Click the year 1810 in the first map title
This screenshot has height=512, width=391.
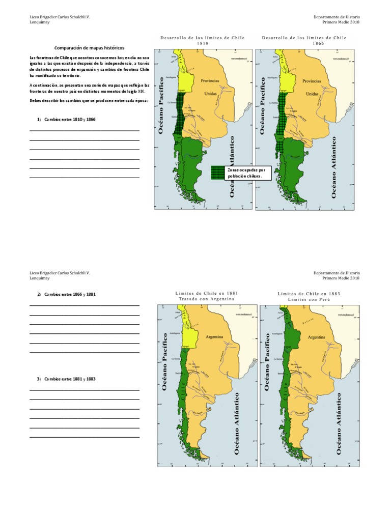pyautogui.click(x=203, y=44)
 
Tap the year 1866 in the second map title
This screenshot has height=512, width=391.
pyautogui.click(x=304, y=44)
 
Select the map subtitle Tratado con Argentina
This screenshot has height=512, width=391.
pyautogui.click(x=207, y=299)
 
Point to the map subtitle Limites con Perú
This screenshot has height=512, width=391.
pyautogui.click(x=309, y=299)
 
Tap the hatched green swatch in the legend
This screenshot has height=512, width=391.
pyautogui.click(x=218, y=173)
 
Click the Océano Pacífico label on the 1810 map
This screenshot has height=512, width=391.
pyautogui.click(x=164, y=105)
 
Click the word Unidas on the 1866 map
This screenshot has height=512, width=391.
pyautogui.click(x=313, y=94)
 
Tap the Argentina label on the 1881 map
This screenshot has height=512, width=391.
pyautogui.click(x=216, y=337)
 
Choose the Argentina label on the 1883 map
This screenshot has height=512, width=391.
pyautogui.click(x=318, y=337)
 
